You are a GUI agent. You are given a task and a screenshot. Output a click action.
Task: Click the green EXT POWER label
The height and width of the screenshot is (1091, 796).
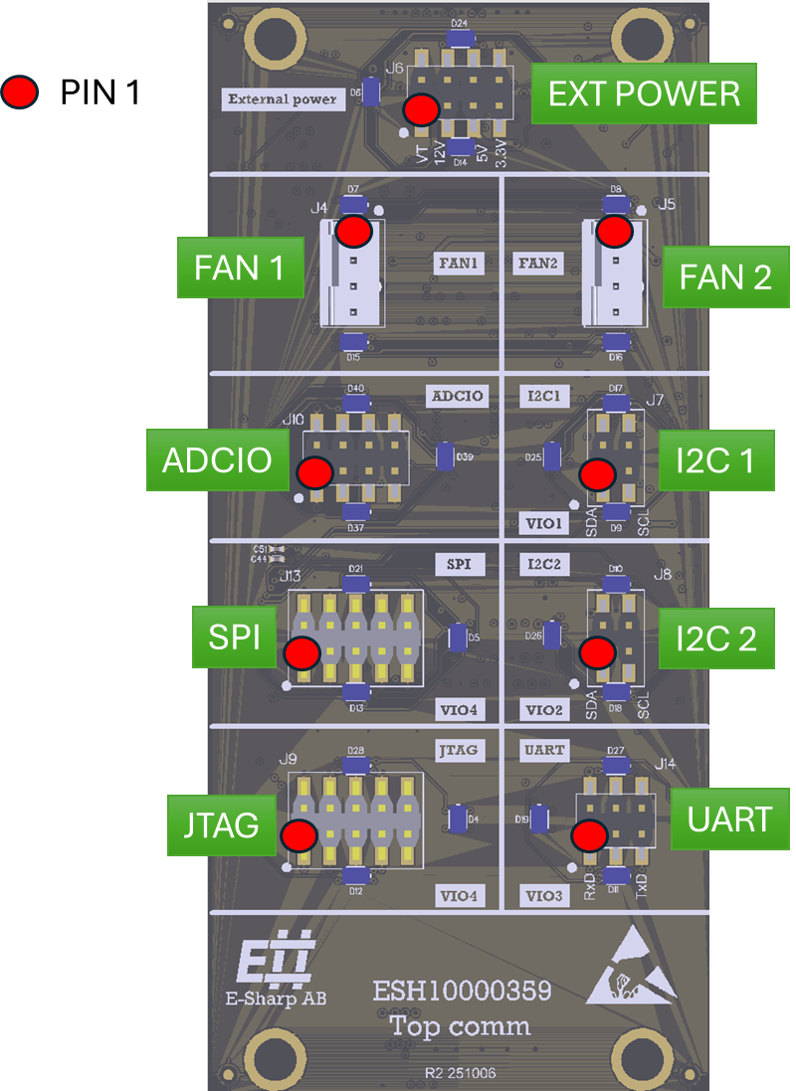tap(644, 93)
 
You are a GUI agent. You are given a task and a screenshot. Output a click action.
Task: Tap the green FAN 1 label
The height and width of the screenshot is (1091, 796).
tap(240, 267)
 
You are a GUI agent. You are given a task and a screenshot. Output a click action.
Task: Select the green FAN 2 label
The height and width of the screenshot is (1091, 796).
tap(725, 276)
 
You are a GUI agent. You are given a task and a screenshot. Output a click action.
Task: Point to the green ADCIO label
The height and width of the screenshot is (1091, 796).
tap(217, 459)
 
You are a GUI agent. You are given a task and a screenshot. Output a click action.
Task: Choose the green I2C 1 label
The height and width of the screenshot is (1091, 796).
tap(716, 459)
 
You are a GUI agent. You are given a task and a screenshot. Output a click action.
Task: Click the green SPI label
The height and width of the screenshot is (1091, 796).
tap(235, 636)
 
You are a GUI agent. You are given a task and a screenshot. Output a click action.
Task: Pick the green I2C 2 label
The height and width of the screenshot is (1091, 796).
tap(715, 637)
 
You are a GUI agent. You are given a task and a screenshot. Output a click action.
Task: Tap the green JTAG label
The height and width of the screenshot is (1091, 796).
tap(221, 824)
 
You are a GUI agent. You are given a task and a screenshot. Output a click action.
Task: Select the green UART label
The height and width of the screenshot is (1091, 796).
tap(729, 819)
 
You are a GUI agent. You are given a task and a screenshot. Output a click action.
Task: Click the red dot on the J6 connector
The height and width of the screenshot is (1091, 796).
tap(421, 109)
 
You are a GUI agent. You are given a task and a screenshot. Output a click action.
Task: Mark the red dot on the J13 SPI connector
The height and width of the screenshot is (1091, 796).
tap(301, 653)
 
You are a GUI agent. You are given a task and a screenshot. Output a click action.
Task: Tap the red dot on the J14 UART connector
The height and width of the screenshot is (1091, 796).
tap(590, 835)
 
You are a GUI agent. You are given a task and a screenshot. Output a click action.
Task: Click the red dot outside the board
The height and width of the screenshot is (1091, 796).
tap(19, 92)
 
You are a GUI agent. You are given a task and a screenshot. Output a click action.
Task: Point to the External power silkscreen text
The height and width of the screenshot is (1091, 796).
tap(283, 98)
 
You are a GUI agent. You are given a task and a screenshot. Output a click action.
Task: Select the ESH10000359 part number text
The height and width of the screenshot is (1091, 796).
tap(462, 992)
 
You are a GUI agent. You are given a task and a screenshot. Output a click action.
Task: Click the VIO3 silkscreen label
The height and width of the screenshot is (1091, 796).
tap(544, 896)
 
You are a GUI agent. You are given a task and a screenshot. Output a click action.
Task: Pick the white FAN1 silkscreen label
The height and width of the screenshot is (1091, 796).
tap(459, 264)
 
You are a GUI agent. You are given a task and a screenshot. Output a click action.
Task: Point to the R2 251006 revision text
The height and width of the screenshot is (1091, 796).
tap(461, 1073)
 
